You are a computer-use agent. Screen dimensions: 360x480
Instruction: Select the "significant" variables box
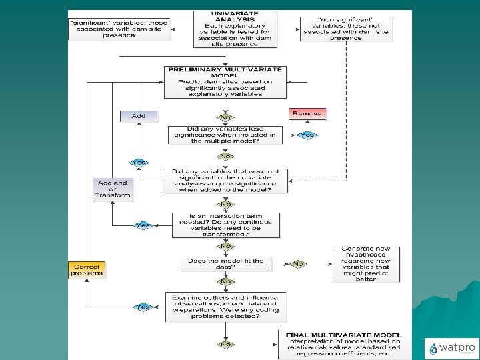point(119,29)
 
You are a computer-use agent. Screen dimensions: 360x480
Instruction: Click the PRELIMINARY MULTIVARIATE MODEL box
point(225,81)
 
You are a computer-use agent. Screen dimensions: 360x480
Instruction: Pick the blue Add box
point(139,116)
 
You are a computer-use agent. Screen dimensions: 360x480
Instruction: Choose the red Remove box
point(307,114)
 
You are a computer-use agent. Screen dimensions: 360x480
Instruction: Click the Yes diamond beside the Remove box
point(306,135)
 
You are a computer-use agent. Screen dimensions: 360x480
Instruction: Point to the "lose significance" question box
point(225,135)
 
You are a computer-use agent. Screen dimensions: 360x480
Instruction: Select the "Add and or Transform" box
point(113,189)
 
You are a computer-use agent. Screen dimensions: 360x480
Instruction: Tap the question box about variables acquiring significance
point(225,181)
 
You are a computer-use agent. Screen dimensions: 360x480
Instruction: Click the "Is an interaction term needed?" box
point(226,225)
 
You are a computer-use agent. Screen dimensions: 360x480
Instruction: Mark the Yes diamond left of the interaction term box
point(142,225)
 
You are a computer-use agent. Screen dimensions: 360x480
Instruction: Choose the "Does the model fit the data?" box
point(226,264)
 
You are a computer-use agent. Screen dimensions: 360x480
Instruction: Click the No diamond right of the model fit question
point(298,264)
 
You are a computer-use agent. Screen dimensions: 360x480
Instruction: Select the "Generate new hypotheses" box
point(365,263)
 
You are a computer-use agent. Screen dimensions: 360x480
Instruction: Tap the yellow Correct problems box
point(87,269)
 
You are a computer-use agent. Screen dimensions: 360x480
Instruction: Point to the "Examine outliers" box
point(225,307)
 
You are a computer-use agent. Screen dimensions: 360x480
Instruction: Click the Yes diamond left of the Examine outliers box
point(142,307)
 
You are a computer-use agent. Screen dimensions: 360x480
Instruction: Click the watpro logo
point(451,348)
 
